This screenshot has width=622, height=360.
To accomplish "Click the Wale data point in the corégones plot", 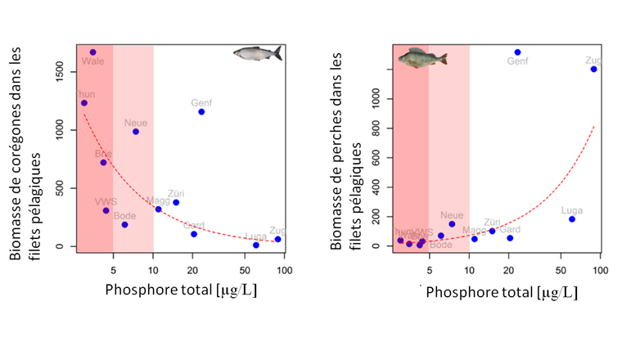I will click(x=92, y=52).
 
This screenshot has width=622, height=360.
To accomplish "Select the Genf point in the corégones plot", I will click(x=201, y=111).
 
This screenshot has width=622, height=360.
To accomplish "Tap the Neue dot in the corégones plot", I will click(x=136, y=132).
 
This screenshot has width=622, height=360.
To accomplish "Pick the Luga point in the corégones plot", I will click(x=256, y=245).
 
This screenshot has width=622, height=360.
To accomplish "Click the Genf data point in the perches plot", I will click(x=517, y=52).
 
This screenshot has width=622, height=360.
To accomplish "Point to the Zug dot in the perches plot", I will click(x=593, y=69).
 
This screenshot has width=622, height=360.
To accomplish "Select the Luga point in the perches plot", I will click(x=572, y=218).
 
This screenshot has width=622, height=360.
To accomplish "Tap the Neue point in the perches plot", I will click(x=452, y=224).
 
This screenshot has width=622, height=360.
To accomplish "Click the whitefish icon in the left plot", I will click(x=257, y=53).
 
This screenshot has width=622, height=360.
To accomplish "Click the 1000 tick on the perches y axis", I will click(x=377, y=98).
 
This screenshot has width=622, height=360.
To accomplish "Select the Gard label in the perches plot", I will click(x=510, y=229).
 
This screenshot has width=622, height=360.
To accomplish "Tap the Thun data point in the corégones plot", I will click(x=83, y=103).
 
